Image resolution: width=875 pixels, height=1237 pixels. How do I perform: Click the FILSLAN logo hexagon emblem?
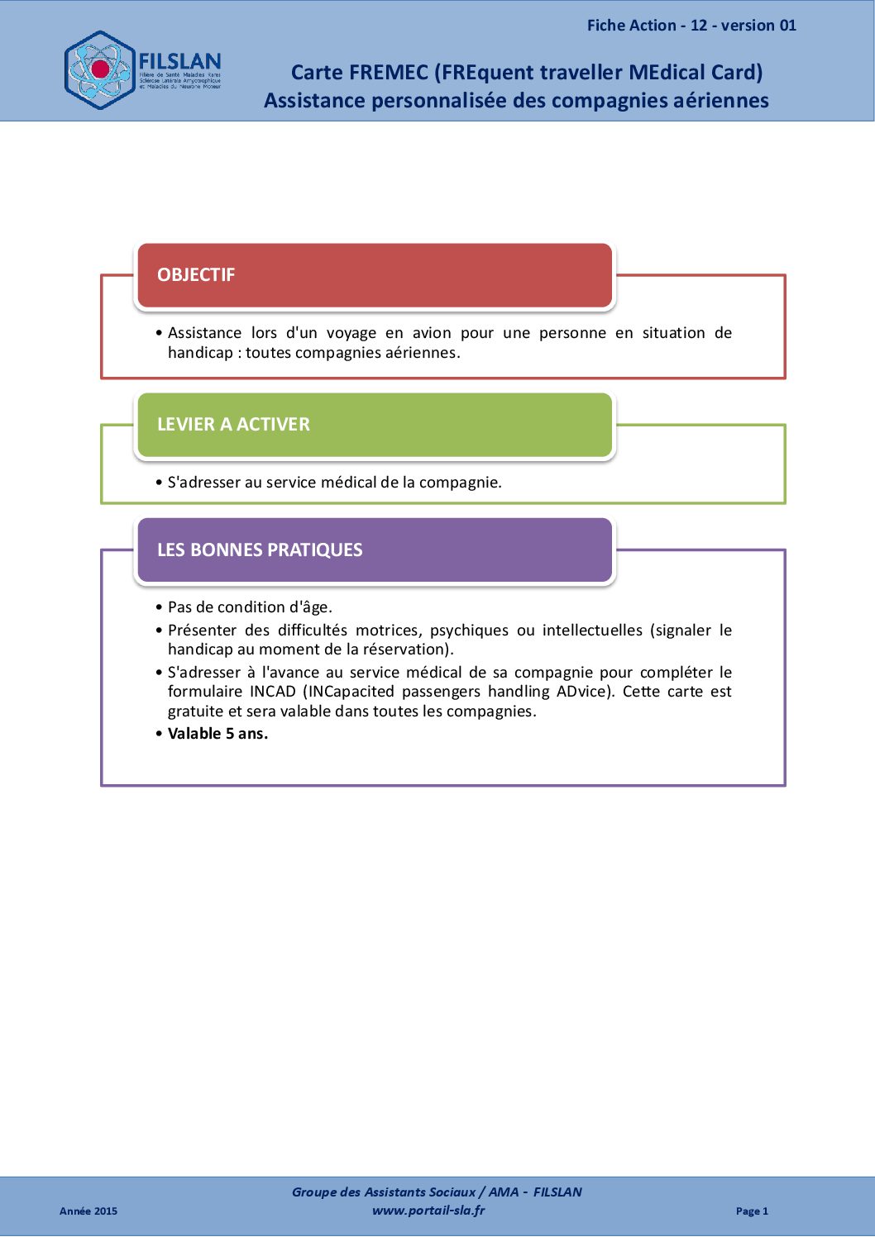[99, 70]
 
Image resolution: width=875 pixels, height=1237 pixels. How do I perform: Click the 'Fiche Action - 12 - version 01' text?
[691, 26]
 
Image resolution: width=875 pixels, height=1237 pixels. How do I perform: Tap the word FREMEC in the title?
[388, 73]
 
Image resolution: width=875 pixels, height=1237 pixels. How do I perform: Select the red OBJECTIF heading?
[196, 275]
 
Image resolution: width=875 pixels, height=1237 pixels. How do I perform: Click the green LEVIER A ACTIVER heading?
[233, 425]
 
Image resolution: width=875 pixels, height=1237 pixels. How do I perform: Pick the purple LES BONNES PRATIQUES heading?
[260, 550]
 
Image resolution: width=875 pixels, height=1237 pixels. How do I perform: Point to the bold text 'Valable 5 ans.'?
[218, 734]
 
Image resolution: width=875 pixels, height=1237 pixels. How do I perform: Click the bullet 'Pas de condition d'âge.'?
[250, 607]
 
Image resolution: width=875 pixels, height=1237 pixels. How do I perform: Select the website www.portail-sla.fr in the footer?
[428, 1211]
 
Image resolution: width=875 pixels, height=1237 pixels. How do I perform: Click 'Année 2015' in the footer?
[88, 1211]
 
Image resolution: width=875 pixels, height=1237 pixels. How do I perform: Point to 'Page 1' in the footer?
[752, 1211]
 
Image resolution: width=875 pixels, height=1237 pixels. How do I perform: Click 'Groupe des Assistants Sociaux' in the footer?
[383, 1192]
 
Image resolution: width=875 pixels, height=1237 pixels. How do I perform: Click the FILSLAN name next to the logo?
[179, 62]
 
